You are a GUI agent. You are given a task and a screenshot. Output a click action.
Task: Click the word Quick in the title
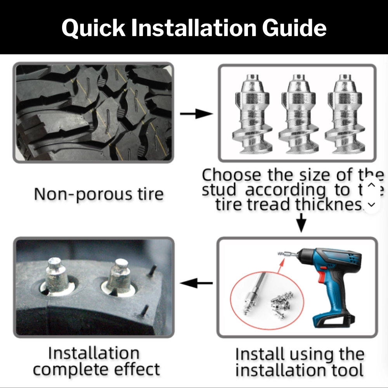pos(92,28)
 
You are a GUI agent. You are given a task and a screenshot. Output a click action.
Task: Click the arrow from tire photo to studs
pos(196,114)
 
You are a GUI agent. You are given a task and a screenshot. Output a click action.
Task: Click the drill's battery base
pos(334,320)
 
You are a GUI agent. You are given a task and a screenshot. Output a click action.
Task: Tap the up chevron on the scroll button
pos(371,185)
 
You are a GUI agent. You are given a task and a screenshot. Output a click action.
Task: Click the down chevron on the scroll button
pos(371,204)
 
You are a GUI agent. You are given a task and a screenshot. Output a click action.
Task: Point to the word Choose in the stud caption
pos(232,175)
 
